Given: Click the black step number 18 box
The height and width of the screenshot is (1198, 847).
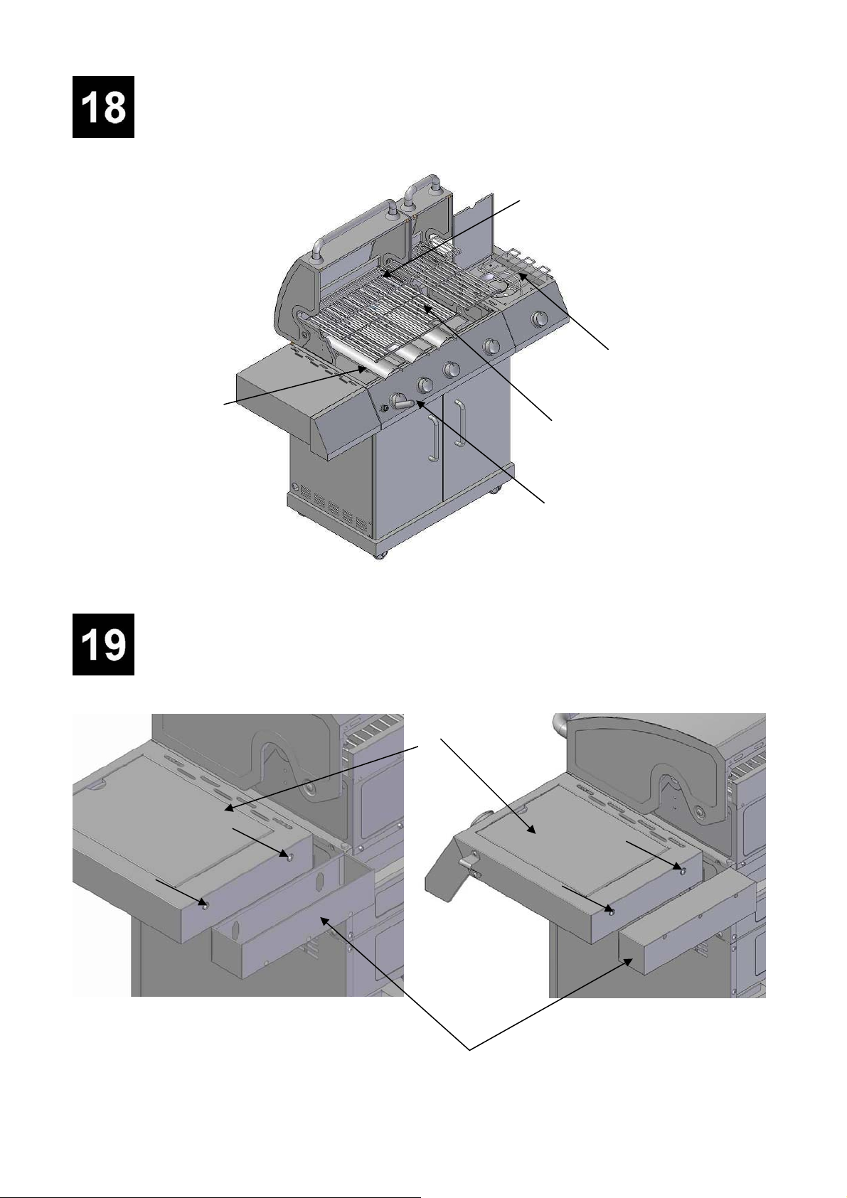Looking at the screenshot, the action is tap(103, 107).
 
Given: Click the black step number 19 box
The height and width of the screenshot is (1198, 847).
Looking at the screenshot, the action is tap(103, 644).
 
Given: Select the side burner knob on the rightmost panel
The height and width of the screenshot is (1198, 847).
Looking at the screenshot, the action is tap(539, 319).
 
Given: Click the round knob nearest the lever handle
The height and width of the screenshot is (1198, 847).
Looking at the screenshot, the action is tap(425, 385).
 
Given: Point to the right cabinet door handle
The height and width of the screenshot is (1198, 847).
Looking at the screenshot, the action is tap(459, 422).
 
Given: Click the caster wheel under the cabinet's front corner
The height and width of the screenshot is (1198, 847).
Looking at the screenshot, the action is tap(380, 553).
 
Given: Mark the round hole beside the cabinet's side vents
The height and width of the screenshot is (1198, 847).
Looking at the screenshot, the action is tap(296, 488).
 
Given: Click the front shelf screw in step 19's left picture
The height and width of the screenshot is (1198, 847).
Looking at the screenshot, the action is tap(205, 905).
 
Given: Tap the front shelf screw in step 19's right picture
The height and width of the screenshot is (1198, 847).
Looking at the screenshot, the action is tap(613, 911).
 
